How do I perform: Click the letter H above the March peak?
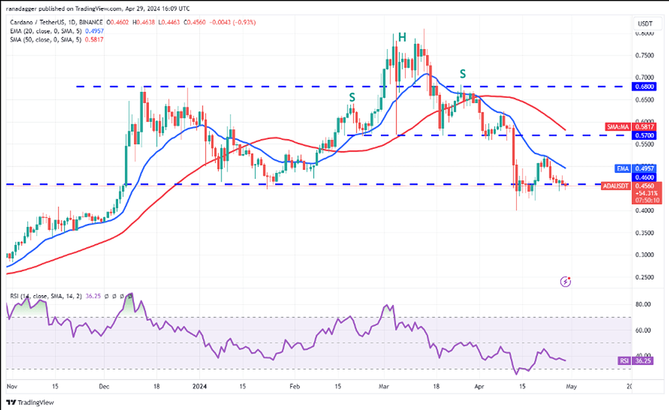click(x=402, y=38)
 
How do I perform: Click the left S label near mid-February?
click(x=352, y=97)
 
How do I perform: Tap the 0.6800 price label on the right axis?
click(x=645, y=86)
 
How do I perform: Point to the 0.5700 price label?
click(x=645, y=135)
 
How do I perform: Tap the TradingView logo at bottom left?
click(x=31, y=402)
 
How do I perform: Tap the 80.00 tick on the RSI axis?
click(x=644, y=304)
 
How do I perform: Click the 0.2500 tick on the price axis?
click(x=645, y=277)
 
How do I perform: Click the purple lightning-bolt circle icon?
click(x=566, y=282)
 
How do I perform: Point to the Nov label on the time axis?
click(x=11, y=386)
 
